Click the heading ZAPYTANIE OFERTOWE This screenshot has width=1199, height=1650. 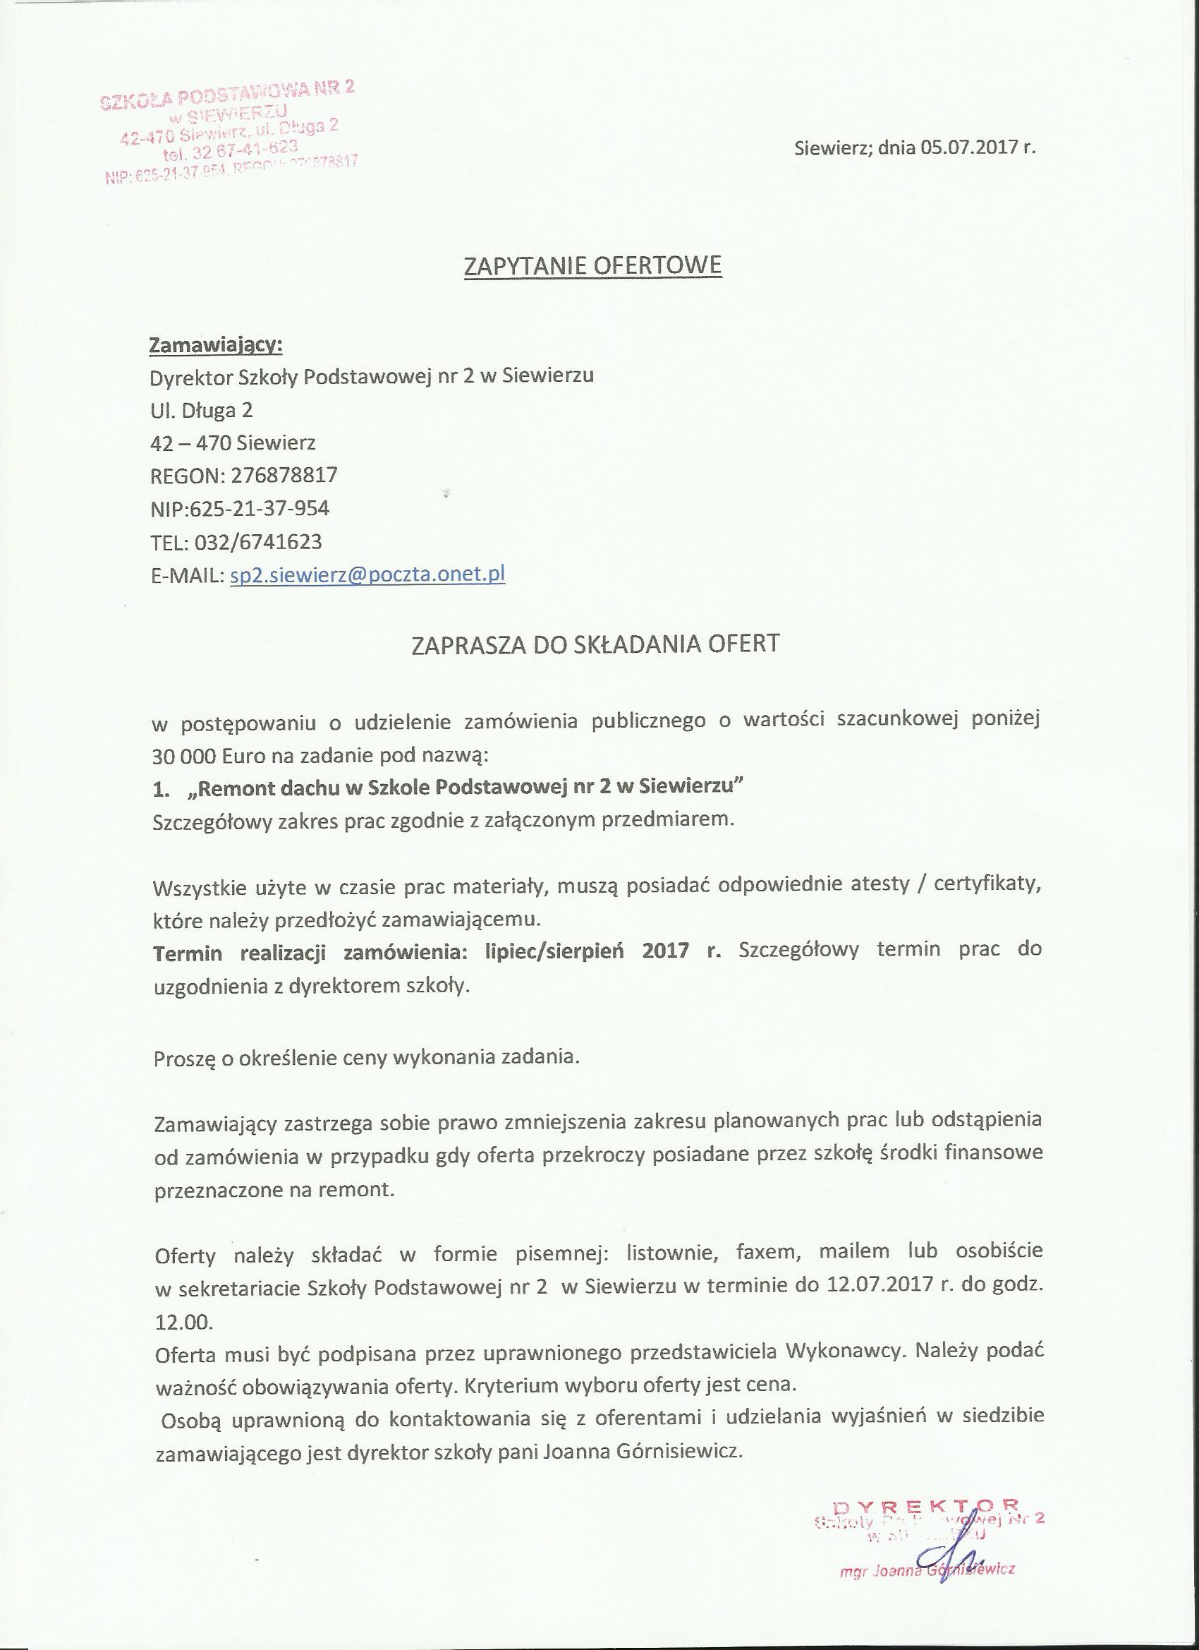point(592,265)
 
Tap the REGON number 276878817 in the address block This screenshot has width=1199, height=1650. point(284,476)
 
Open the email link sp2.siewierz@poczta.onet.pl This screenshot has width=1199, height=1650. point(367,574)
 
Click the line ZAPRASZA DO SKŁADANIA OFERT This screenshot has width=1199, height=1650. point(595,644)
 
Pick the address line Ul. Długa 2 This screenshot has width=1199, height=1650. point(201,410)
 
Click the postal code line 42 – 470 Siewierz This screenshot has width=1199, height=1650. point(233,442)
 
